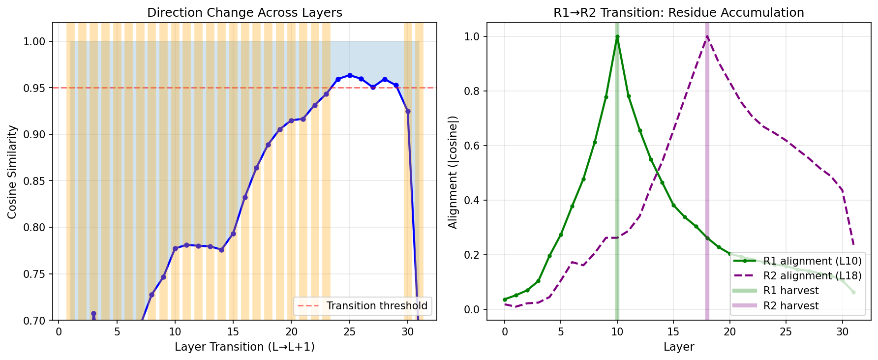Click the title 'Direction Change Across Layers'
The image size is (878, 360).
tap(244, 13)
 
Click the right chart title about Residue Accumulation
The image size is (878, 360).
tap(678, 13)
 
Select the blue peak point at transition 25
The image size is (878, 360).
tap(350, 75)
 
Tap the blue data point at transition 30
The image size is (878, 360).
tap(408, 111)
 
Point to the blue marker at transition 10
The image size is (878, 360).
tap(175, 248)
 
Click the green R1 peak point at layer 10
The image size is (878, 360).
tap(617, 36)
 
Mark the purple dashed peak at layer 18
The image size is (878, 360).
tap(707, 36)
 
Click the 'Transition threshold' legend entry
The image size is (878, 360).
tap(376, 306)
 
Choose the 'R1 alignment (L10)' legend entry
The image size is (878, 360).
tap(812, 261)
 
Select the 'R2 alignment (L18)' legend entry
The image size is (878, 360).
tap(812, 276)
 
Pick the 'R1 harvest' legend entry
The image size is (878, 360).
tap(790, 291)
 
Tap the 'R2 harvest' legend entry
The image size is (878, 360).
tap(790, 306)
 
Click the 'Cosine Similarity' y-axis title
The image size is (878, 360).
tap(13, 172)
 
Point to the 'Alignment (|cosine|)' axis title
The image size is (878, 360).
tap(453, 172)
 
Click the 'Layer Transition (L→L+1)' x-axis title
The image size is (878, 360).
tap(244, 347)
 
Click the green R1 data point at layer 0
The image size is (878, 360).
tap(505, 300)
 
